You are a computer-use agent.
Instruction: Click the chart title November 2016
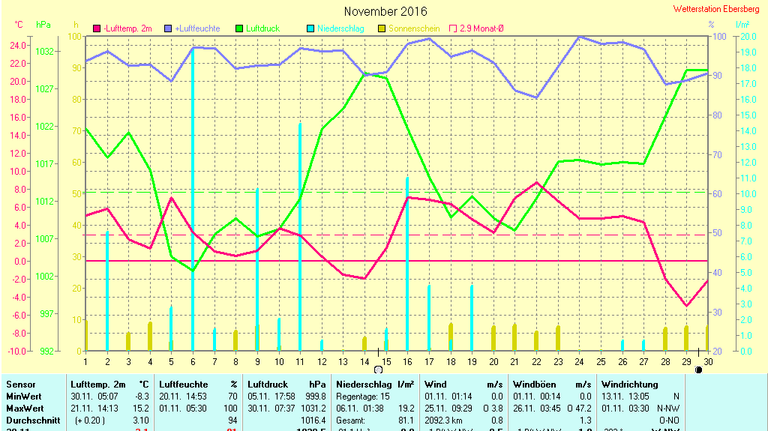point(385,11)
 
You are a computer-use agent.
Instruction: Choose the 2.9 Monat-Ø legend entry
point(480,28)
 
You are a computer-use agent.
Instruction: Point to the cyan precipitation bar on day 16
point(407,262)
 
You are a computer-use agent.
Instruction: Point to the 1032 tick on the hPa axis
point(44,52)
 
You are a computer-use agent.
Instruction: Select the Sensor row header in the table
point(20,384)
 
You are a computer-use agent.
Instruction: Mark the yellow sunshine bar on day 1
point(86,335)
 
